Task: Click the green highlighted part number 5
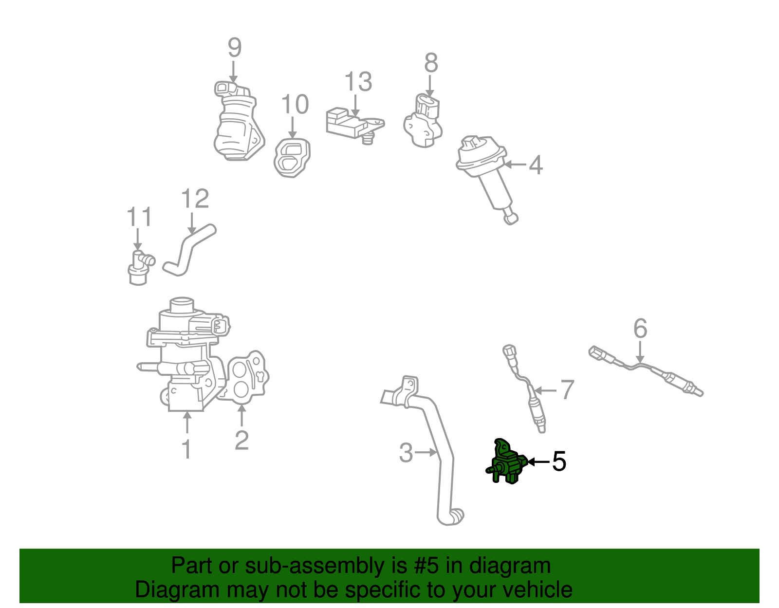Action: tap(506, 462)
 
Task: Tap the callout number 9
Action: tap(235, 47)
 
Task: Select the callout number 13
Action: tap(358, 81)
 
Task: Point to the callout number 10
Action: tap(295, 104)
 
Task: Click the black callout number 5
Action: tap(559, 461)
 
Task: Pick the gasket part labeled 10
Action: tap(292, 158)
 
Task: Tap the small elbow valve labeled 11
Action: tap(141, 268)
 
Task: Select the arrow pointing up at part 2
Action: tap(242, 415)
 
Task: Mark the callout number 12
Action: tap(195, 199)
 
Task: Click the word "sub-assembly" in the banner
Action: tap(326, 566)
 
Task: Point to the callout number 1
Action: tap(187, 448)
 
